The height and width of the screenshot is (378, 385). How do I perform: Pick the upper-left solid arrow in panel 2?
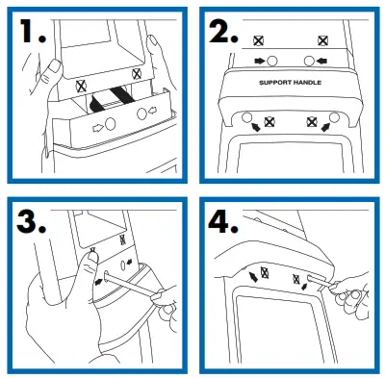tap(258, 61)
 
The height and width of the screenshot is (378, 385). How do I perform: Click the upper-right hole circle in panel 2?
tap(309, 61)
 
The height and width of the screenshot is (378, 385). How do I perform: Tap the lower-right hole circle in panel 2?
tap(334, 120)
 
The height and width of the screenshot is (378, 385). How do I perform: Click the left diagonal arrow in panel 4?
tap(256, 276)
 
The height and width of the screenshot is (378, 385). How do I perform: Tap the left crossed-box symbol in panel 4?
tap(269, 273)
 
